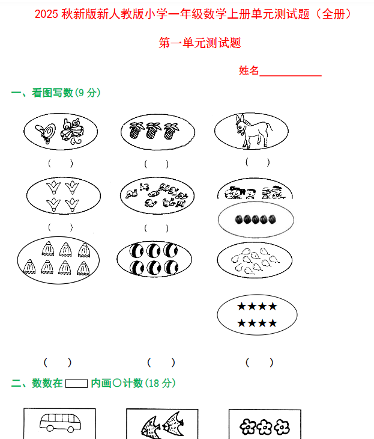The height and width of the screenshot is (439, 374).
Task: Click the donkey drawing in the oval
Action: point(253,131)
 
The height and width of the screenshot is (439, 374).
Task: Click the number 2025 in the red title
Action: point(47,14)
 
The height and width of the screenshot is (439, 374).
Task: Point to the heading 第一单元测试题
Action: point(200,43)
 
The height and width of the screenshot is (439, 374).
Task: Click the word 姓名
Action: point(249,71)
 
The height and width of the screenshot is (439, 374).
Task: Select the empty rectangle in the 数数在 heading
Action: point(76,383)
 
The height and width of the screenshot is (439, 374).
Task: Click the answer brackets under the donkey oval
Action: point(258,162)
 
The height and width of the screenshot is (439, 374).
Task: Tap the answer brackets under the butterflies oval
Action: point(61,162)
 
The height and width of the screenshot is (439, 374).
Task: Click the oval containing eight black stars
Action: point(257,315)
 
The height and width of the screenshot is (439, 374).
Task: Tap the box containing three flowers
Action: point(264,425)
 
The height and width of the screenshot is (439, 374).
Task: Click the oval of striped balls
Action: point(154,259)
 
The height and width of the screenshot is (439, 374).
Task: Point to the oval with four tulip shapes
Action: point(63,195)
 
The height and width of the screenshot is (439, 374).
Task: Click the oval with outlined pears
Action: point(257,259)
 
